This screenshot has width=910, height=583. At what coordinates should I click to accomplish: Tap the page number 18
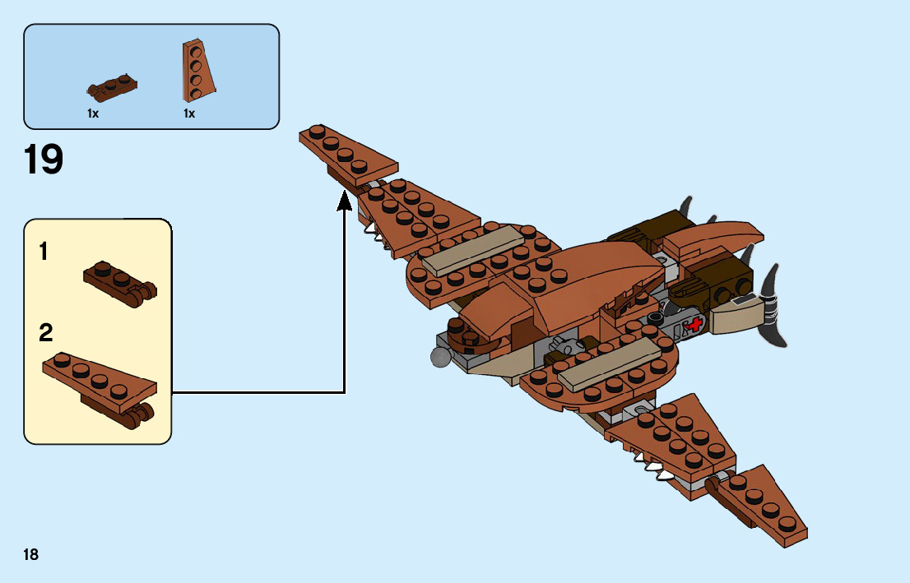[x=31, y=554]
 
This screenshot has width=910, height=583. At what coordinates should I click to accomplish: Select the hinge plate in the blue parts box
[x=112, y=86]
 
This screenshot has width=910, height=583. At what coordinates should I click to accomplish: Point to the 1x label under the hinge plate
[x=93, y=114]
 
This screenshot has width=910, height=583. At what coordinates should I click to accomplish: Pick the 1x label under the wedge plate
[x=189, y=114]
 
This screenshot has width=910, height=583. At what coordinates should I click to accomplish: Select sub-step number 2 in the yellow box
[x=46, y=333]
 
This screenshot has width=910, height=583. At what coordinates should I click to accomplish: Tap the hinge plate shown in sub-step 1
[x=120, y=284]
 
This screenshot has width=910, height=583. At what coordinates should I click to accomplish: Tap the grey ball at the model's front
[x=439, y=355]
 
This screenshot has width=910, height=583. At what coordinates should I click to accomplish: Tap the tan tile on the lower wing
[x=609, y=363]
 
